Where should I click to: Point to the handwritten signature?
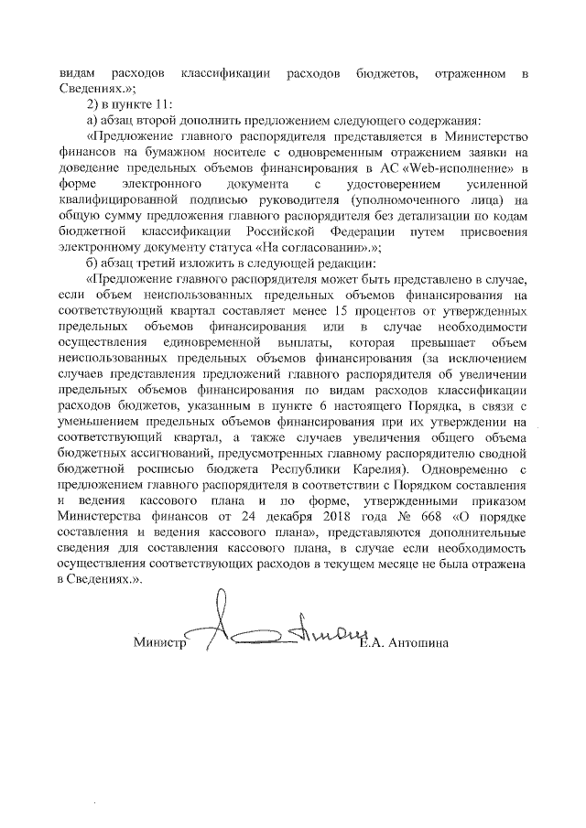(x=275, y=631)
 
